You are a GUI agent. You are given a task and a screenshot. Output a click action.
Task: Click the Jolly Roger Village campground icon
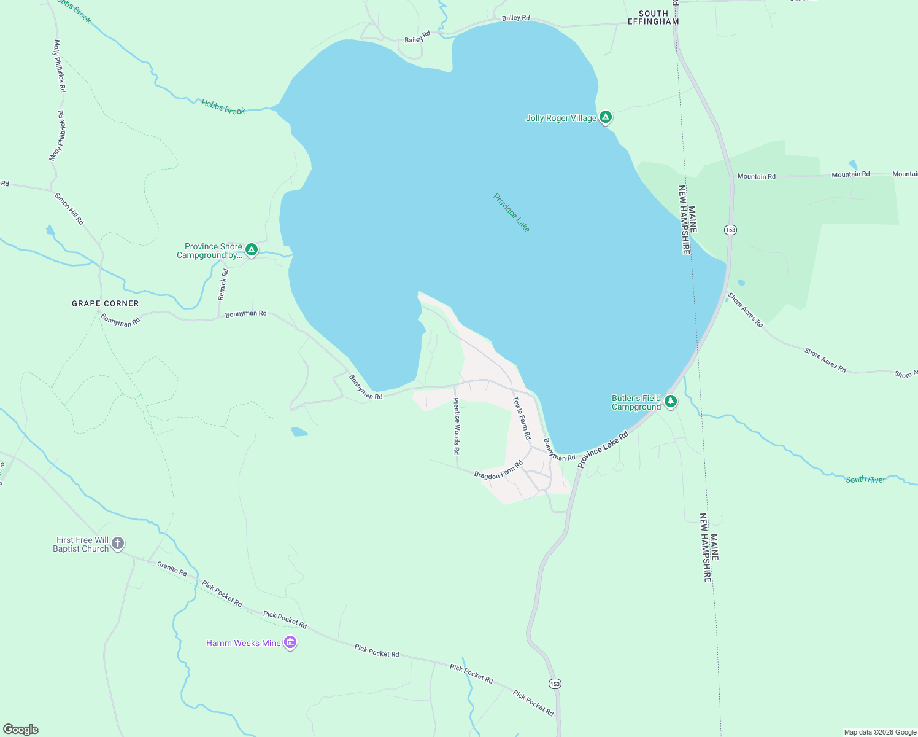pos(606,117)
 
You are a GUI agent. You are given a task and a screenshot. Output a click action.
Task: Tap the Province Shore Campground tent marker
pos(251,249)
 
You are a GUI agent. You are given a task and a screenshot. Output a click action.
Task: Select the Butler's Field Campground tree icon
pos(671,402)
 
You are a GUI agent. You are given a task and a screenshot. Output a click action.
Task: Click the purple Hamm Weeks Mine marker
pos(290,643)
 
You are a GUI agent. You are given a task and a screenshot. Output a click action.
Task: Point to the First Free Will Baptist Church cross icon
pos(118,544)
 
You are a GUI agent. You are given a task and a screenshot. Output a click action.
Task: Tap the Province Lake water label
pos(511,213)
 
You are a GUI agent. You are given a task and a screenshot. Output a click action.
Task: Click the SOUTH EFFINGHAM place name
pos(653,17)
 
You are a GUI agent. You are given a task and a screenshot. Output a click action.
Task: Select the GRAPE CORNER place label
pos(106,303)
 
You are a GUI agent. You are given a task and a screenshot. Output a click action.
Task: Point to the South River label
pos(865,479)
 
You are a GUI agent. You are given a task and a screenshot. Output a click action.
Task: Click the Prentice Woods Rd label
pos(457,426)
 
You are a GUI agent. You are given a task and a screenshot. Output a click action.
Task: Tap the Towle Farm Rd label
pos(522,418)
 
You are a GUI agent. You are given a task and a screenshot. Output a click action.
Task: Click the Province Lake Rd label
pos(603,450)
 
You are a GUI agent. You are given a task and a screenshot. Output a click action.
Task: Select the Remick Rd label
pos(223,284)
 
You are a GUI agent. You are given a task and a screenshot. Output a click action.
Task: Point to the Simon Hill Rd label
pos(69,209)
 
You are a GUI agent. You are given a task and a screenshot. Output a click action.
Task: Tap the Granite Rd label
pos(172,569)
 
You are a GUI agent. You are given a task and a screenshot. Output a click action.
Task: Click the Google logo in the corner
pos(21,730)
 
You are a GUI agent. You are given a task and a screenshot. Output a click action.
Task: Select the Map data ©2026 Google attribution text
pos(880,732)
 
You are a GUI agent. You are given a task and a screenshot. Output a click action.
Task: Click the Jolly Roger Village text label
pos(561,118)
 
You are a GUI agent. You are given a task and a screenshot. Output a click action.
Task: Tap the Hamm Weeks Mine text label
pos(244,643)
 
